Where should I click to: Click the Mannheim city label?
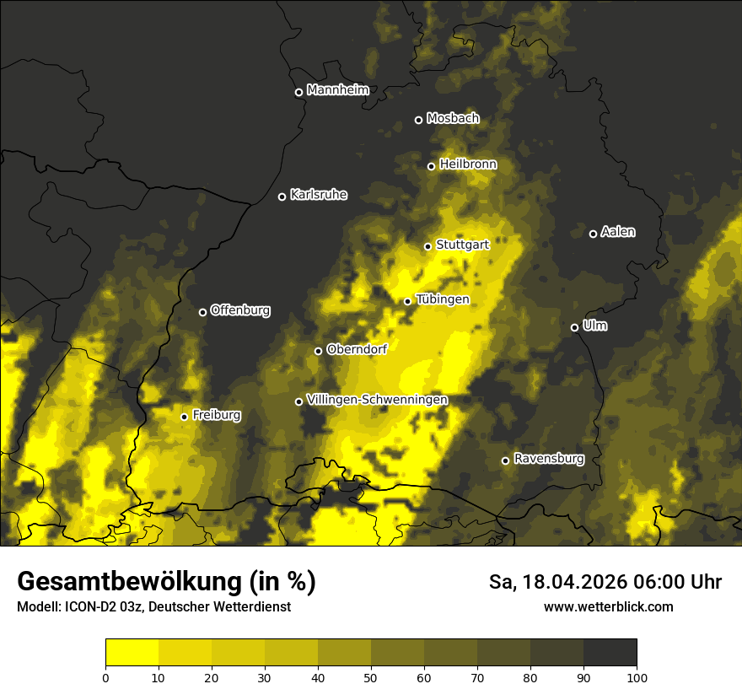pyautogui.click(x=338, y=90)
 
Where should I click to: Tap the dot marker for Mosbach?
pyautogui.click(x=418, y=120)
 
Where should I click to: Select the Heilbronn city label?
pyautogui.click(x=468, y=164)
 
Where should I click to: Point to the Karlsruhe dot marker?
pyautogui.click(x=282, y=197)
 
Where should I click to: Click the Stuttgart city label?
pyautogui.click(x=463, y=245)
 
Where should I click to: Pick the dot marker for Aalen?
pyautogui.click(x=593, y=234)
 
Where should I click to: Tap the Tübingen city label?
pyautogui.click(x=443, y=299)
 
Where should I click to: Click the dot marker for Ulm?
pyautogui.click(x=574, y=327)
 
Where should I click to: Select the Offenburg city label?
pyautogui.click(x=240, y=310)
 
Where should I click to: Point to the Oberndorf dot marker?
pyautogui.click(x=318, y=351)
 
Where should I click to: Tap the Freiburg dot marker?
pyautogui.click(x=184, y=417)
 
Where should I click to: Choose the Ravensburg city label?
pyautogui.click(x=549, y=459)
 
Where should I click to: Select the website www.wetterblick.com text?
pyautogui.click(x=609, y=606)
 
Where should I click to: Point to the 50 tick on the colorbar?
pyautogui.click(x=371, y=676)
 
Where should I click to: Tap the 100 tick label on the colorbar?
pyautogui.click(x=637, y=676)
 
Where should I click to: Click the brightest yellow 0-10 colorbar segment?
pyautogui.click(x=132, y=653)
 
